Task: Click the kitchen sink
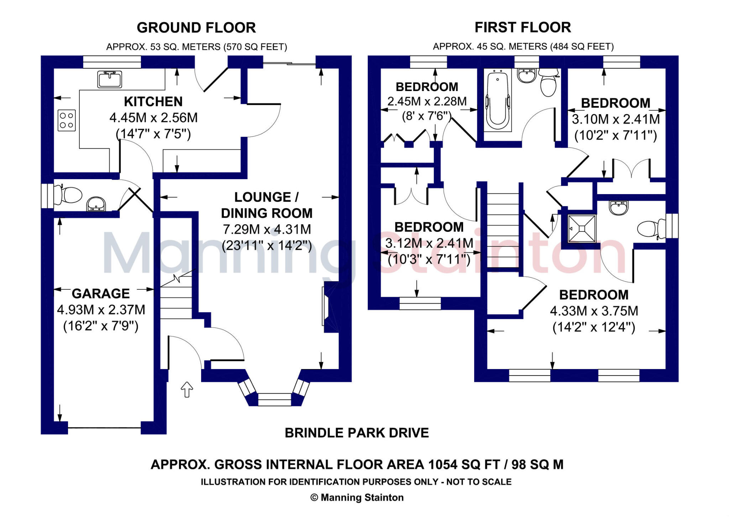(x=110, y=79)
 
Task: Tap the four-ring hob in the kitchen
(x=67, y=120)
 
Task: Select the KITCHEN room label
(x=153, y=102)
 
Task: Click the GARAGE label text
(x=101, y=294)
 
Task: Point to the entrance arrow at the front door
(x=187, y=389)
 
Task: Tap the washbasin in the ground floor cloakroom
(x=96, y=204)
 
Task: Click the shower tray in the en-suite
(x=582, y=229)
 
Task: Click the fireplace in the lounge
(x=329, y=307)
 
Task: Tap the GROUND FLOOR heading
(x=196, y=28)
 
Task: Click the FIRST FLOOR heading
(x=523, y=27)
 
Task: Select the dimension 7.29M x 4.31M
(x=267, y=229)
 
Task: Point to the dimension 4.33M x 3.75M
(x=594, y=311)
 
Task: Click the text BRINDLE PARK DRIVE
(x=357, y=433)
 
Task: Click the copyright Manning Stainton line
(x=357, y=497)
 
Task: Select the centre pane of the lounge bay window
(x=274, y=399)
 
